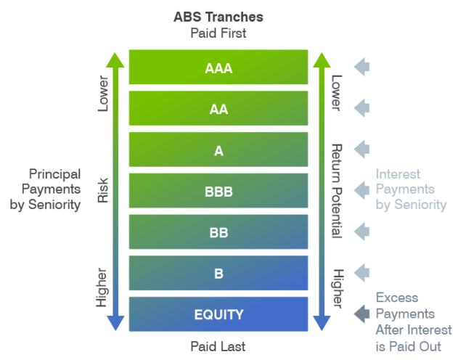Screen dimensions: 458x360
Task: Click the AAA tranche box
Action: [x=218, y=67]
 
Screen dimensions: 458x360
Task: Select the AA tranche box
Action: [x=218, y=108]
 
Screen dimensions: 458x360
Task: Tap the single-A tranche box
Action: [x=218, y=150]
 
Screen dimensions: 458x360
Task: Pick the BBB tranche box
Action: [x=218, y=190]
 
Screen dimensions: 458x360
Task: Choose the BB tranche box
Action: [x=218, y=232]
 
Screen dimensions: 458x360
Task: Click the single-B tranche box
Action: [x=218, y=273]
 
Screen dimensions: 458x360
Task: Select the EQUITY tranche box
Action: [x=218, y=314]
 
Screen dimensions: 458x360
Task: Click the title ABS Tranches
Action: [x=218, y=17]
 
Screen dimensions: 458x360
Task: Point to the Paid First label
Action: [x=218, y=33]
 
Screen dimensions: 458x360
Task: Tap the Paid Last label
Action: [x=218, y=346]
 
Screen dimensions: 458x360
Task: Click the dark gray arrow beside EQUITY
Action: [x=362, y=314]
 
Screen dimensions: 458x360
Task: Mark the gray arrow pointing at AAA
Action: [x=362, y=67]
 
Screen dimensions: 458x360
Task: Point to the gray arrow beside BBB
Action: [x=362, y=190]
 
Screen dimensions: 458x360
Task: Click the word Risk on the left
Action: [x=103, y=190]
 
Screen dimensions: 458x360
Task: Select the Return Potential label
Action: [x=337, y=191]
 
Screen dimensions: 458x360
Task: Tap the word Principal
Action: [x=54, y=174]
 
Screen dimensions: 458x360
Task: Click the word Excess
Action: [x=397, y=298]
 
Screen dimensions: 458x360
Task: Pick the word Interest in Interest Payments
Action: [x=398, y=174]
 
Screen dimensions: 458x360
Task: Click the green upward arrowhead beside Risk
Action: [x=115, y=60]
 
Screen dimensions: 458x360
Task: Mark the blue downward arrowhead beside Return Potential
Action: [x=322, y=323]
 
